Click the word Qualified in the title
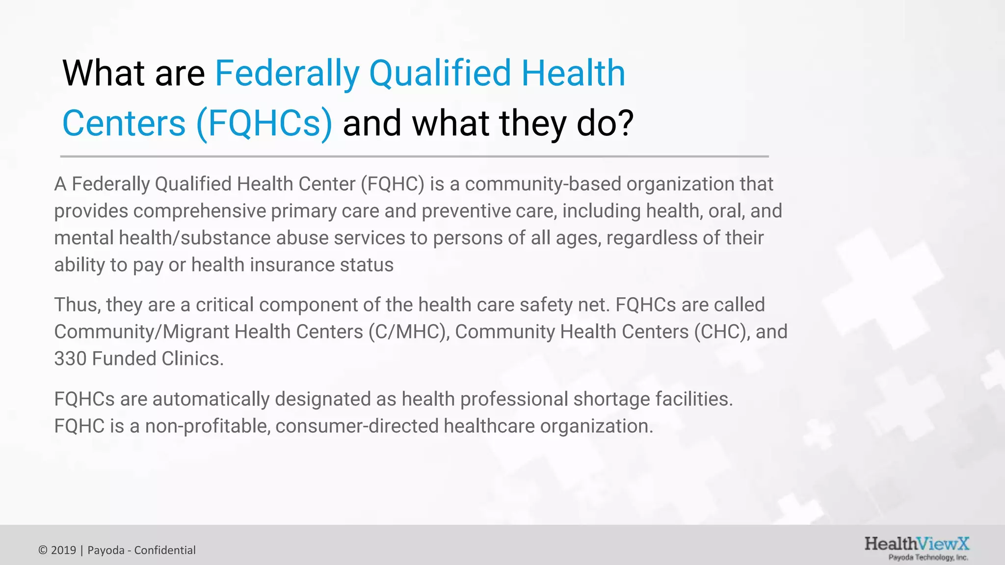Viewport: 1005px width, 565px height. click(440, 74)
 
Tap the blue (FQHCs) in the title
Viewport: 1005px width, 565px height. click(264, 123)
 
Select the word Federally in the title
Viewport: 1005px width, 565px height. click(288, 74)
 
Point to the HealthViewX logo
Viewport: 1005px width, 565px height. click(916, 548)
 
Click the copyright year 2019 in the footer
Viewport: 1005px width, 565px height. click(63, 550)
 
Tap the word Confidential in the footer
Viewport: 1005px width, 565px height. click(165, 550)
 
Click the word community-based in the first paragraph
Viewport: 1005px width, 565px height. click(543, 184)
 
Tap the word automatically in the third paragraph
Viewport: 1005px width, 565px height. click(211, 399)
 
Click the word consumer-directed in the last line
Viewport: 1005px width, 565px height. click(357, 426)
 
